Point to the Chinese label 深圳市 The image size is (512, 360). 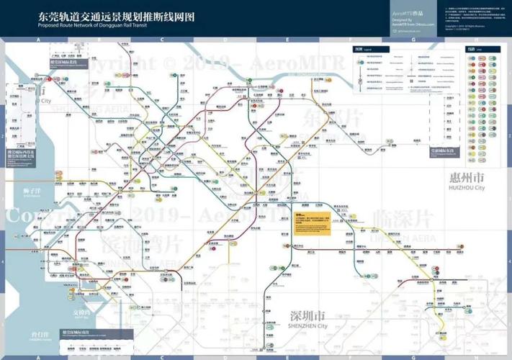pyautogui.click(x=306, y=316)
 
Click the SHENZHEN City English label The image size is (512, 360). pyautogui.click(x=306, y=325)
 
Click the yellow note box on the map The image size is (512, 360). pyautogui.click(x=312, y=225)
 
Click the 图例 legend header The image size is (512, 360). pyautogui.click(x=361, y=50)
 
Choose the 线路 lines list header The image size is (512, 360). pyautogui.click(x=451, y=50)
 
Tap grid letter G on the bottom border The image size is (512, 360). pyautogui.click(x=413, y=354)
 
